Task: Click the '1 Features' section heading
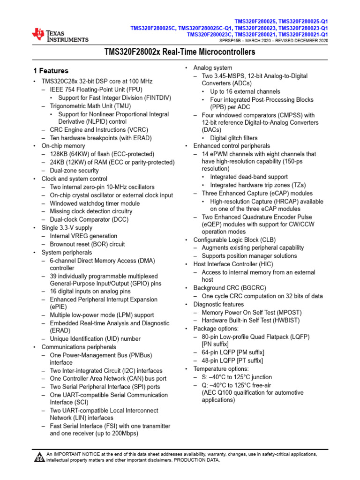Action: [x=50, y=71]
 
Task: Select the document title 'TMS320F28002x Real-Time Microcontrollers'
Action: [x=180, y=52]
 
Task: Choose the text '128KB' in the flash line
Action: [x=59, y=154]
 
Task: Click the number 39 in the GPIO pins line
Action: [x=53, y=276]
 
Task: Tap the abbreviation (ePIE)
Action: [x=59, y=307]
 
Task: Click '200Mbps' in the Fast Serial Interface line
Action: [x=124, y=434]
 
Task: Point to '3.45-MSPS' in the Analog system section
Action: [x=229, y=75]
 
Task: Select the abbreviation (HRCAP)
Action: [x=291, y=202]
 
